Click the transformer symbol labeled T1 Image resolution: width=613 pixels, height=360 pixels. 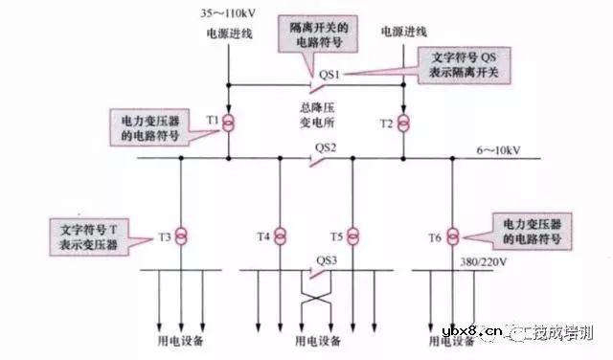tap(231, 123)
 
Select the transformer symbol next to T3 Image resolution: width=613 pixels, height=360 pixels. tap(179, 235)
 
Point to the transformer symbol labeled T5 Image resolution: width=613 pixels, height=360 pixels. tap(353, 235)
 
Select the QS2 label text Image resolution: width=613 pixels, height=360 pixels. tap(326, 146)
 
